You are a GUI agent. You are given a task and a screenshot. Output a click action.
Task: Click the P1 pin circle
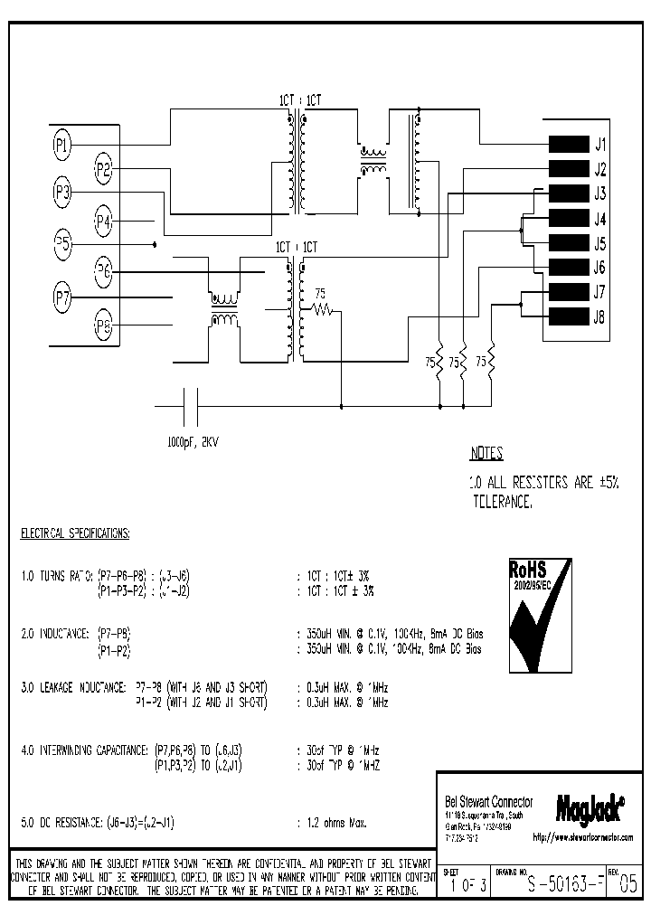tap(62, 143)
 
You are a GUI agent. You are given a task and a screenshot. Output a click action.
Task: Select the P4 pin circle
tap(104, 219)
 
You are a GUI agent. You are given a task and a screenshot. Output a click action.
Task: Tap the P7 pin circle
tap(62, 295)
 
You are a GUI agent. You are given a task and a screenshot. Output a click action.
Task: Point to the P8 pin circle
tap(104, 327)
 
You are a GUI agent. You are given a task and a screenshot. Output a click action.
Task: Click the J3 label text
tap(599, 194)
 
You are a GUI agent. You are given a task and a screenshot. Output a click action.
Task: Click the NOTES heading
tap(486, 454)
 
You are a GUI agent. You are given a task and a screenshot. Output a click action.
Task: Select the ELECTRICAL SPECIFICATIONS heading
tap(75, 533)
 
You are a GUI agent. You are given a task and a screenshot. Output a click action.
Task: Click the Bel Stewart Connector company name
tap(489, 802)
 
